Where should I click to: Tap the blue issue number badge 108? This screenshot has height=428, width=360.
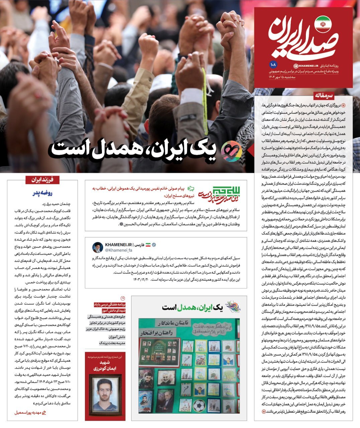coord(272,64)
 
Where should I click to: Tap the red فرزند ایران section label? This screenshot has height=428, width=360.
coord(42,180)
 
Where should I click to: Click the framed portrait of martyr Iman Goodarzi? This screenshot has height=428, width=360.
coord(105,393)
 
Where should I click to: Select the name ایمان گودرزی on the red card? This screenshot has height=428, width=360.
coord(105,367)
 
